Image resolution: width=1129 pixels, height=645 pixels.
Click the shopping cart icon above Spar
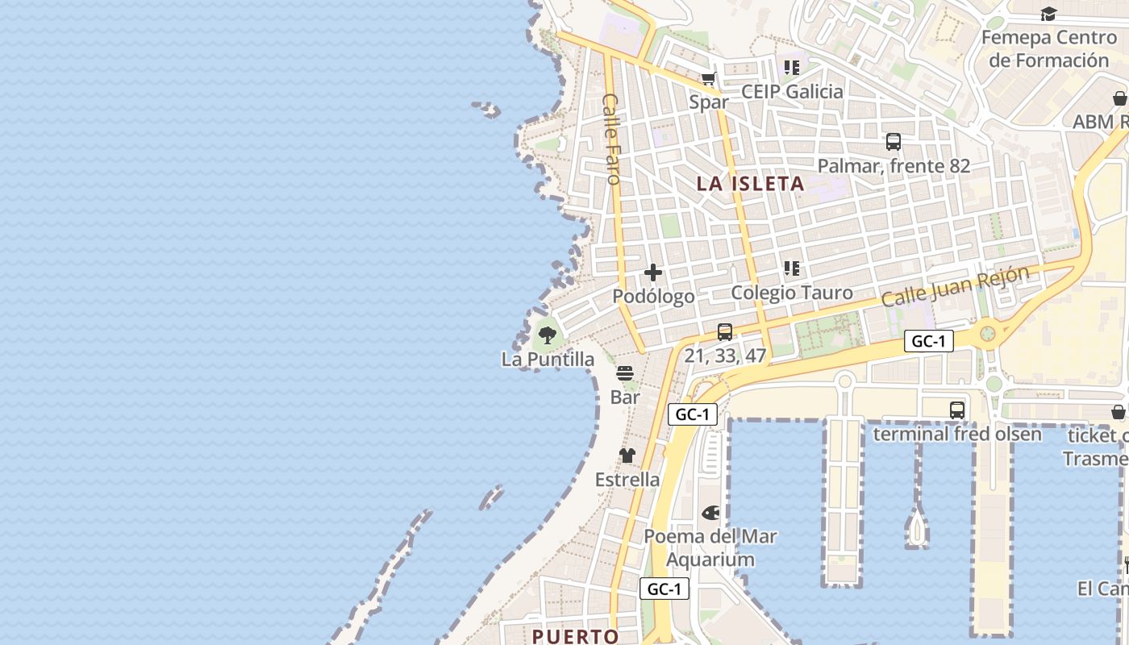(x=709, y=78)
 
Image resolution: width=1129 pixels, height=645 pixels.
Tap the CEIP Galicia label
(x=792, y=92)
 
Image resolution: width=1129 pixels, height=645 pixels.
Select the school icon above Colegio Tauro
(x=792, y=268)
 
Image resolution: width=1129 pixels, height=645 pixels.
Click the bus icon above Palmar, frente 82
(x=894, y=142)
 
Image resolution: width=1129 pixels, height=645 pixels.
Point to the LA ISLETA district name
(x=751, y=184)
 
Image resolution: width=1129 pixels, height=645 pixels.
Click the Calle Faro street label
(x=611, y=139)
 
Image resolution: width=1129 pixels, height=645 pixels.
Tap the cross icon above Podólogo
(x=653, y=273)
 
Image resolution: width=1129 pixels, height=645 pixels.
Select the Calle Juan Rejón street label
(x=955, y=286)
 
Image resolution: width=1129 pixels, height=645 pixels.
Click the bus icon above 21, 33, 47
(x=725, y=331)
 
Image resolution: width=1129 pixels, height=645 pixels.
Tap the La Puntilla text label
(x=548, y=360)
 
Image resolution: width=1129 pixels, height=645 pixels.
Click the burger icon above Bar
(x=625, y=373)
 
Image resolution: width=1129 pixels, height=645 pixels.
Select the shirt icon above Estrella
(x=627, y=456)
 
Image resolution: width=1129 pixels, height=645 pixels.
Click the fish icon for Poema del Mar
(x=710, y=513)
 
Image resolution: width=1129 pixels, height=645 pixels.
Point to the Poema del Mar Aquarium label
(x=710, y=547)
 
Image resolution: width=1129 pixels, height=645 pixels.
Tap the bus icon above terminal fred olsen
(x=957, y=410)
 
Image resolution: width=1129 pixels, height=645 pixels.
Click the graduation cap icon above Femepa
(x=1048, y=14)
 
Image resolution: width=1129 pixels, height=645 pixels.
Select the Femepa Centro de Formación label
(x=1048, y=49)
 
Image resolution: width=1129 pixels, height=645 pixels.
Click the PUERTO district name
(x=575, y=636)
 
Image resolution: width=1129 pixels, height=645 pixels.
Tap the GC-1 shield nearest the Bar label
(x=692, y=414)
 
